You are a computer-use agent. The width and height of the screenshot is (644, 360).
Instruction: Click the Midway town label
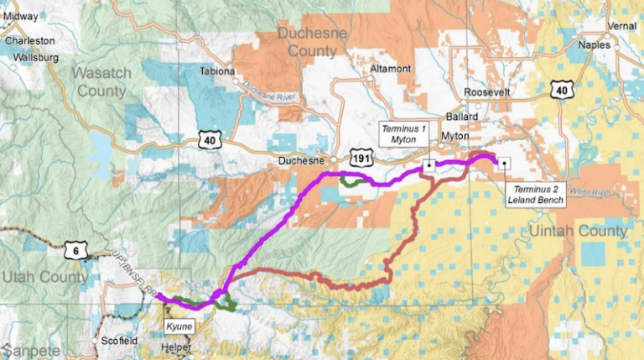[21, 16]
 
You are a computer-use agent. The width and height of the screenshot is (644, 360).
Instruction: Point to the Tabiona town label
[217, 71]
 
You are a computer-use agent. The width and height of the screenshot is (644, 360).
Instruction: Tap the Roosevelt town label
[485, 92]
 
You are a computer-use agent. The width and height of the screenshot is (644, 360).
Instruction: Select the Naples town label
[595, 47]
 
